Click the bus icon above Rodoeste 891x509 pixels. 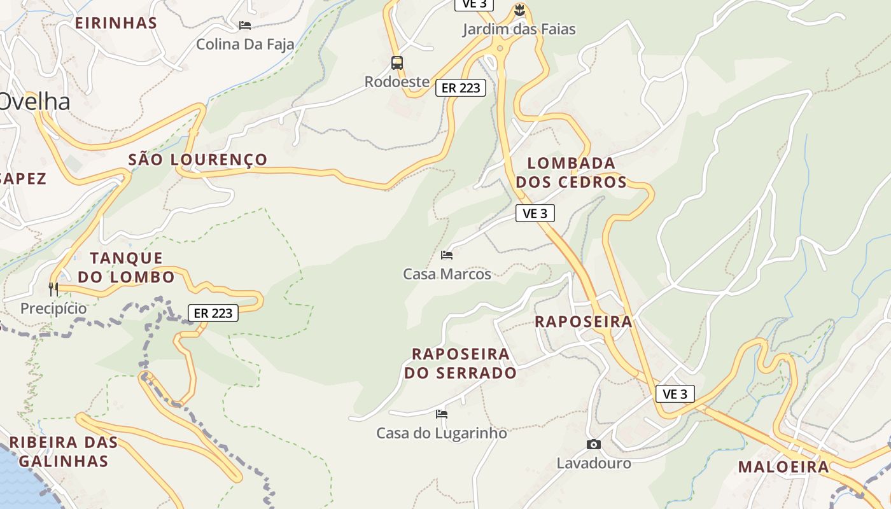(397, 62)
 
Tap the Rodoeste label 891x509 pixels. (396, 82)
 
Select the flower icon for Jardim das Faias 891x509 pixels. (519, 10)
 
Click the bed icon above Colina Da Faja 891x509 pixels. (245, 25)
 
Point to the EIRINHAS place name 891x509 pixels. (116, 23)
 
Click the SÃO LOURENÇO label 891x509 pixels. (198, 160)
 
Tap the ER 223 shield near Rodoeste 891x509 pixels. (461, 88)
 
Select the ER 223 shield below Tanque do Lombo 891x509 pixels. (213, 313)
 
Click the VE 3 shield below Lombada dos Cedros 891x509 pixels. (535, 213)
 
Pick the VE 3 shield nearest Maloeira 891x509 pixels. (675, 394)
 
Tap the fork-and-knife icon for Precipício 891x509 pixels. (53, 289)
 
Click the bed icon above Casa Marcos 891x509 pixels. (447, 255)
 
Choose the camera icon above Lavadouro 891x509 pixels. (594, 444)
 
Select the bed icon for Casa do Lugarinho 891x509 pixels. (442, 414)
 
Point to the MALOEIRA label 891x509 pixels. (783, 467)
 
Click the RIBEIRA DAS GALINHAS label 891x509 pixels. (64, 451)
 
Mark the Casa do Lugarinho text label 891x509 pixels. (442, 433)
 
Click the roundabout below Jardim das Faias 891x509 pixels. (500, 48)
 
